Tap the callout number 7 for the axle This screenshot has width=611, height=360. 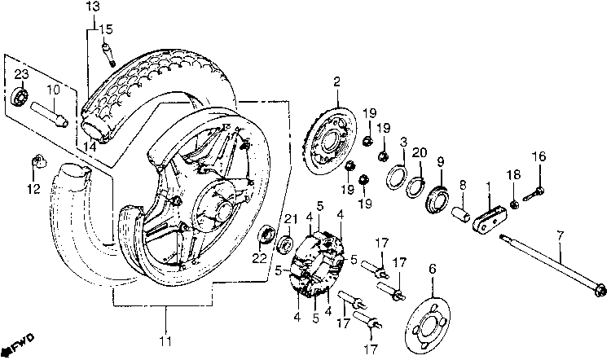tap(559, 236)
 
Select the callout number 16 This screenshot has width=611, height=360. tap(537, 156)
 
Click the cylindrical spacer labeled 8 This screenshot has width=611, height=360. tap(461, 216)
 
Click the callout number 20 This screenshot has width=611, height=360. tap(420, 152)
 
